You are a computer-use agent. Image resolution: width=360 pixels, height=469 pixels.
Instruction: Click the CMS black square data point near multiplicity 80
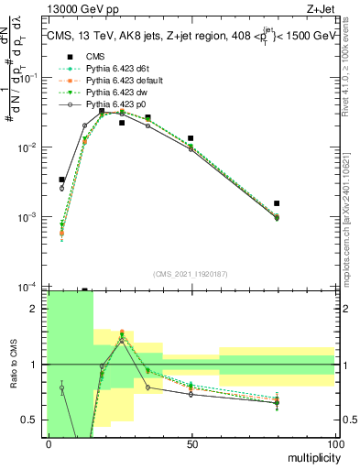click(277, 203)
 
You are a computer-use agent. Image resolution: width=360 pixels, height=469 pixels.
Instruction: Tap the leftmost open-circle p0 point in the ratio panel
click(61, 387)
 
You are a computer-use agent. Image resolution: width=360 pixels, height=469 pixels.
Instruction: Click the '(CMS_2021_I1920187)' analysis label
click(191, 273)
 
